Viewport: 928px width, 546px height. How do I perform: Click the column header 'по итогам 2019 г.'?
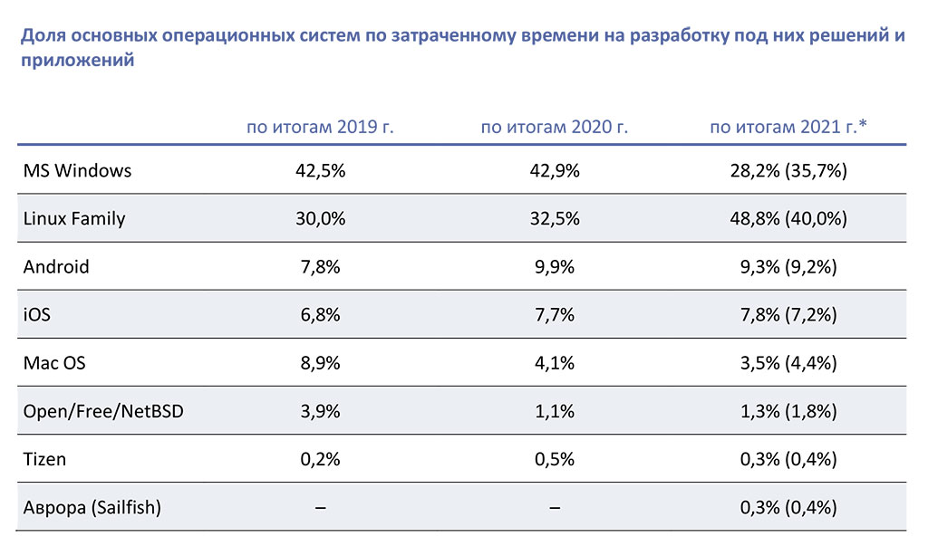(x=320, y=127)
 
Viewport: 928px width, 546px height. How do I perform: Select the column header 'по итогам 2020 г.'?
(x=555, y=127)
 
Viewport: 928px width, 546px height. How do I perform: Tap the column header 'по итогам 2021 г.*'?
(x=788, y=127)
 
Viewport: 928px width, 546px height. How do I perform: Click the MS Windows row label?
(x=78, y=170)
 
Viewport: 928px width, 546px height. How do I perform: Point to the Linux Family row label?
(x=74, y=218)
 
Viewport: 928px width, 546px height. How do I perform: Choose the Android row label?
(x=56, y=267)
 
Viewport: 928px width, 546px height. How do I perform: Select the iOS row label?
(x=38, y=315)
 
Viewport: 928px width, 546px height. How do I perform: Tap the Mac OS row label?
(x=54, y=363)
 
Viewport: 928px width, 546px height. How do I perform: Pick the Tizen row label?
(x=45, y=459)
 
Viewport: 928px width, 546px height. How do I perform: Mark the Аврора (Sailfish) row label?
(x=92, y=507)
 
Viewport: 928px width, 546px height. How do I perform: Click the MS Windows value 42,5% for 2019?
(x=320, y=170)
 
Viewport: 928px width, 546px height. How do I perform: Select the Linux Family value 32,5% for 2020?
(x=555, y=218)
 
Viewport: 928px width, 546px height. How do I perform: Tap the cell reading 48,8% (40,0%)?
(x=788, y=218)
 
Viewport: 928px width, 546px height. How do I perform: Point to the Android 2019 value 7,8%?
(x=320, y=267)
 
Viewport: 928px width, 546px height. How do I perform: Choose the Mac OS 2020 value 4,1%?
(x=555, y=363)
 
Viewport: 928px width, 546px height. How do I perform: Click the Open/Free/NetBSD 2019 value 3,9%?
(x=320, y=411)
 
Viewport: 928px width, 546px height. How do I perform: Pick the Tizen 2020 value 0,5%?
(x=555, y=459)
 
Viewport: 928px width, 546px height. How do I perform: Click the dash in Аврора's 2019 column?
(x=320, y=508)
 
